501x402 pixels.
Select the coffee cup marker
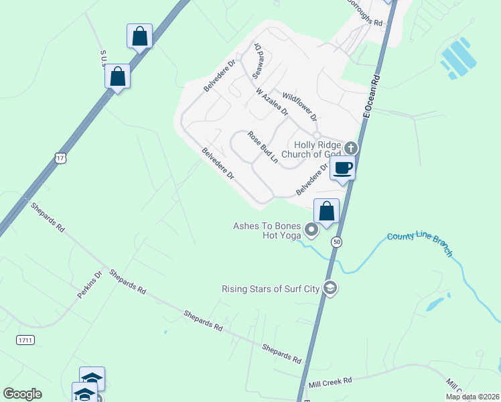click(x=342, y=167)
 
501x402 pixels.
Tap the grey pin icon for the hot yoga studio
click(x=311, y=230)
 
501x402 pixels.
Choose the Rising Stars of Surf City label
click(x=271, y=289)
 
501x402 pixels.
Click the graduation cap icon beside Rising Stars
click(x=330, y=289)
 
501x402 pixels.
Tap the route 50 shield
click(x=337, y=242)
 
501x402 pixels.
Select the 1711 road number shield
click(x=25, y=340)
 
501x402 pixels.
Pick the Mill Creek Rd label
click(x=330, y=382)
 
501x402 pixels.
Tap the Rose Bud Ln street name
click(x=263, y=147)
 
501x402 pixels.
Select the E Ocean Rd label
click(x=371, y=97)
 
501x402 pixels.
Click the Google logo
click(x=22, y=394)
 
